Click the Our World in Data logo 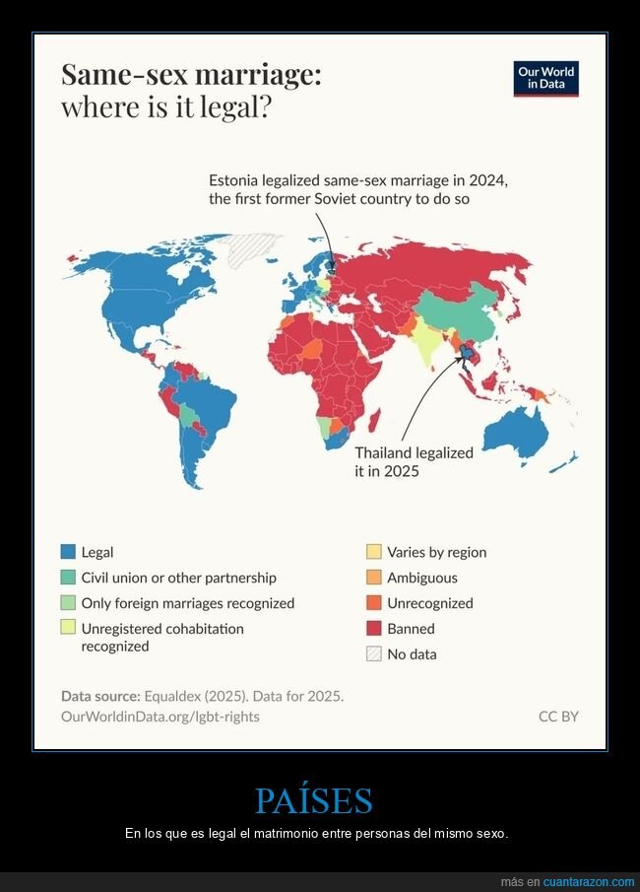coord(546,79)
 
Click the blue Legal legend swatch coord(68,553)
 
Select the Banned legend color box coord(374,629)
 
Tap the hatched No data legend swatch coord(374,653)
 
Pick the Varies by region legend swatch coord(374,553)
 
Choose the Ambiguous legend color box coord(374,579)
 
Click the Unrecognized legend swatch coord(374,603)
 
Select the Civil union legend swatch coord(68,579)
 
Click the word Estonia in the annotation coord(235,181)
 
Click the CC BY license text coord(558,717)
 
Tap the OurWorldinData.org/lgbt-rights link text coord(160,717)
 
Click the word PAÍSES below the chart coord(314,800)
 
